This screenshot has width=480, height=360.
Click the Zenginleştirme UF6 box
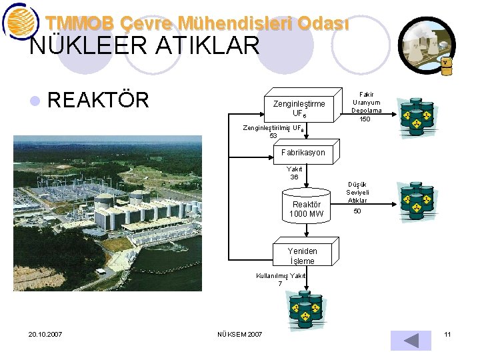coord(299,108)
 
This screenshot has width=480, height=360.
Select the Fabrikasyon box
coord(303,153)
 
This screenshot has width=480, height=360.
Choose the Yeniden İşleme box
coord(303,256)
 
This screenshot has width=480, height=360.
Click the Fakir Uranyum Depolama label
coord(367,103)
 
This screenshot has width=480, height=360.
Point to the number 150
coord(365,119)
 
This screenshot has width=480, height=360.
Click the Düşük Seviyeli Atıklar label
coord(357,192)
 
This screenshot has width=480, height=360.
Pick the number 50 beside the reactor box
coord(357,211)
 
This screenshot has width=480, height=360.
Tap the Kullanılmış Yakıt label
coord(281,275)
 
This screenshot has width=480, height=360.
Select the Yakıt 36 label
coord(295,173)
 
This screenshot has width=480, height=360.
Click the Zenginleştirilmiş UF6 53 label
coord(273,131)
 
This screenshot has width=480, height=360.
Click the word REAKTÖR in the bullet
coord(99,100)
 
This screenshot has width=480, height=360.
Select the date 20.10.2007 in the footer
coord(45,334)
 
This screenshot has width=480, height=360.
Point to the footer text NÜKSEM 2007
coord(240,334)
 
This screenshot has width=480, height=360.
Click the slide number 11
coord(448,333)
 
